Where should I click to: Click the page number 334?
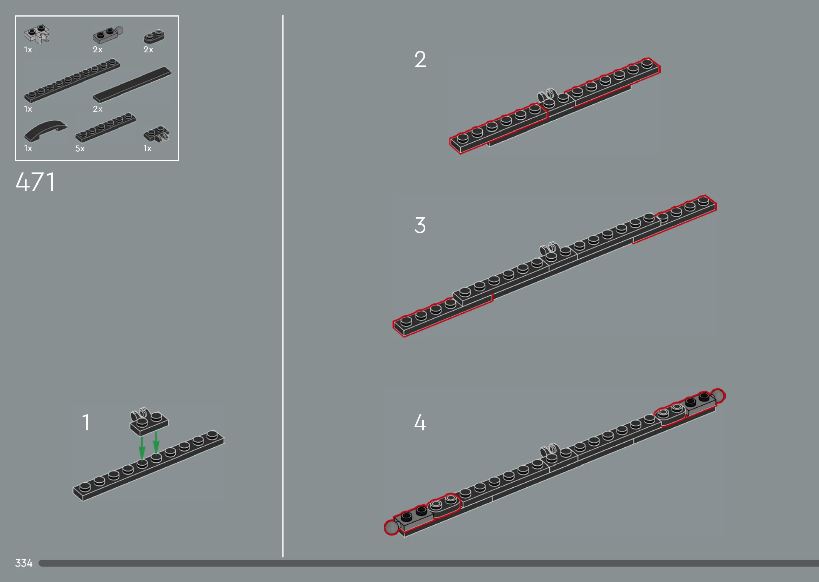point(23,563)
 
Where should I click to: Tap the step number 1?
point(86,422)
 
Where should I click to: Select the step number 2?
point(420,59)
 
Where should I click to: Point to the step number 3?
point(420,225)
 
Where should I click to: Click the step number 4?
point(420,422)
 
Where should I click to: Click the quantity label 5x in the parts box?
point(80,149)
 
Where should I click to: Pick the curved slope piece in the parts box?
point(45,130)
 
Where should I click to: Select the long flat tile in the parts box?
point(132,85)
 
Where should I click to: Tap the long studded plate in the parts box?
point(72,80)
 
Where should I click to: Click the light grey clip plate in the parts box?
point(37,33)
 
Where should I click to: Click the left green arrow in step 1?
point(142,448)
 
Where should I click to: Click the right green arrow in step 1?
point(156,443)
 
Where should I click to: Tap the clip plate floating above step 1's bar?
point(149,421)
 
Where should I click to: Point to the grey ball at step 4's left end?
point(392,527)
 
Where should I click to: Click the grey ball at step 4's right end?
point(718,396)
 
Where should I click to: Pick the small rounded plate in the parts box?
point(154,36)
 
